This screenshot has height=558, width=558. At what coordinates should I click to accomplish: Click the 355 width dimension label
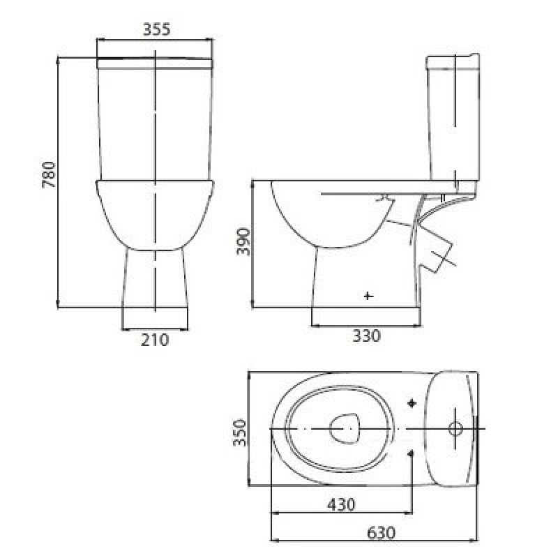(156, 29)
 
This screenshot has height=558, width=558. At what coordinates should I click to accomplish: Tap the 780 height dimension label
(49, 174)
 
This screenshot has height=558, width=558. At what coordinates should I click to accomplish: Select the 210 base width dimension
(155, 340)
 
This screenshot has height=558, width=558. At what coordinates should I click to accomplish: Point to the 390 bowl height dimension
(243, 241)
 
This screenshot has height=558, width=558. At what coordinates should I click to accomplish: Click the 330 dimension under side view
(367, 335)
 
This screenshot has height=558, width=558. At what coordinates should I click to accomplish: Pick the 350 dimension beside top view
(239, 432)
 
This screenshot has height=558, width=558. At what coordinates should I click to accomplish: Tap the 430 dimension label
(341, 504)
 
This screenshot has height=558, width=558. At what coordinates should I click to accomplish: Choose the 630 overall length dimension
(381, 533)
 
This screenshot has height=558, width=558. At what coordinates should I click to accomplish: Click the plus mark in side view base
(368, 296)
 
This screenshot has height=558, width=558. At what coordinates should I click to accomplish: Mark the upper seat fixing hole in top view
(412, 403)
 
